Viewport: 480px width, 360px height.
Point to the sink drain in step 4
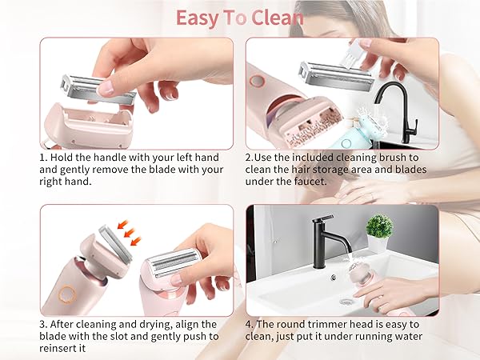346,302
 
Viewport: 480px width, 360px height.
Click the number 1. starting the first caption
44,158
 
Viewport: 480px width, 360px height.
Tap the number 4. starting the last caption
250,324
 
